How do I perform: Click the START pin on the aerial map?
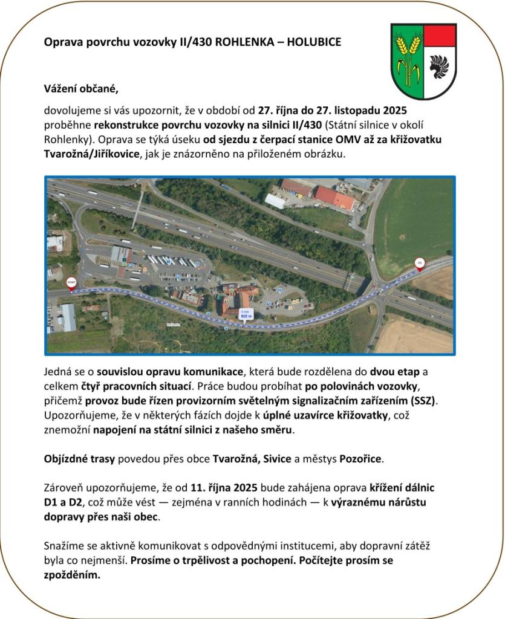(x=71, y=283)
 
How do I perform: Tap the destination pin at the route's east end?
(x=419, y=264)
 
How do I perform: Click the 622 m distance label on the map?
(x=246, y=314)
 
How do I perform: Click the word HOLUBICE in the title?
(x=314, y=42)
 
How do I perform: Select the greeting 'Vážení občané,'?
(x=81, y=89)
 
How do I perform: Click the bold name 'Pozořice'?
(x=361, y=459)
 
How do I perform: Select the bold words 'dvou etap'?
(x=393, y=373)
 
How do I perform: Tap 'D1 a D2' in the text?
(x=62, y=502)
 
